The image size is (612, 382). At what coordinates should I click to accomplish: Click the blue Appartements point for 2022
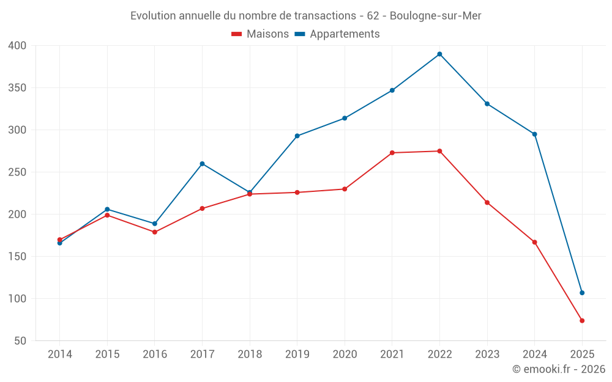click(x=439, y=54)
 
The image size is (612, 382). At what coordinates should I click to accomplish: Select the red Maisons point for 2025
click(x=582, y=320)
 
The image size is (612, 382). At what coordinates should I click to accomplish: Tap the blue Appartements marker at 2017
click(x=202, y=164)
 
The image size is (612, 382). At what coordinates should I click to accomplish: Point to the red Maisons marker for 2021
click(x=392, y=153)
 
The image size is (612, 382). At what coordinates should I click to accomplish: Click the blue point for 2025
click(x=582, y=293)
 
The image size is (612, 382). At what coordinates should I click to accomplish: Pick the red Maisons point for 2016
click(x=154, y=232)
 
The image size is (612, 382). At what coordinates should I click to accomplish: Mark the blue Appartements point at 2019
click(x=297, y=136)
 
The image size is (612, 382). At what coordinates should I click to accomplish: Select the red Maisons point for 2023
click(x=487, y=202)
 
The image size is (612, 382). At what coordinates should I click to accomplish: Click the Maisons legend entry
click(x=260, y=34)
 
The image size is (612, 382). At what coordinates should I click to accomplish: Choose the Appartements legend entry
click(x=337, y=34)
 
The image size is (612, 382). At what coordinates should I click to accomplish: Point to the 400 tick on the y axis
click(x=18, y=46)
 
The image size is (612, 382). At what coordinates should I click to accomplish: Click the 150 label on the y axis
click(x=18, y=257)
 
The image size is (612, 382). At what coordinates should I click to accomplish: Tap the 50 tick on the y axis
click(x=21, y=341)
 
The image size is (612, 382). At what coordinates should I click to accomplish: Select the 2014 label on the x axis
click(x=59, y=354)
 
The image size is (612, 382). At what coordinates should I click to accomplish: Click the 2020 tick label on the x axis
click(x=345, y=354)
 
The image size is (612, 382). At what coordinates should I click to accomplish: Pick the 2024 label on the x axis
click(x=534, y=354)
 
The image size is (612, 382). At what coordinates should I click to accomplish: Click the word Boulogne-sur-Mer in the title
click(x=435, y=16)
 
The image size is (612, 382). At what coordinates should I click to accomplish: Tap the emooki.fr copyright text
click(x=558, y=369)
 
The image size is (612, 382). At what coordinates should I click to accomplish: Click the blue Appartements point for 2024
click(x=534, y=134)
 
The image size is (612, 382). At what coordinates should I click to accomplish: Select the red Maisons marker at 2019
click(x=297, y=193)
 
